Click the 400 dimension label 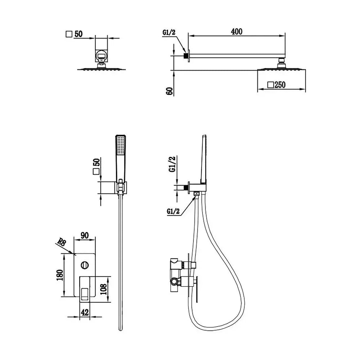tap(237, 31)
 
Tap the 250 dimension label tap(280, 85)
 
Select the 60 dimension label tap(170, 91)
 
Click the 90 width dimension tap(85, 235)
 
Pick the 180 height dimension tap(59, 275)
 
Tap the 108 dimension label tap(103, 289)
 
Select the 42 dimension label tap(85, 312)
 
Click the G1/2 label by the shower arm tap(169, 32)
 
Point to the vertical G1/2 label tap(172, 164)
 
